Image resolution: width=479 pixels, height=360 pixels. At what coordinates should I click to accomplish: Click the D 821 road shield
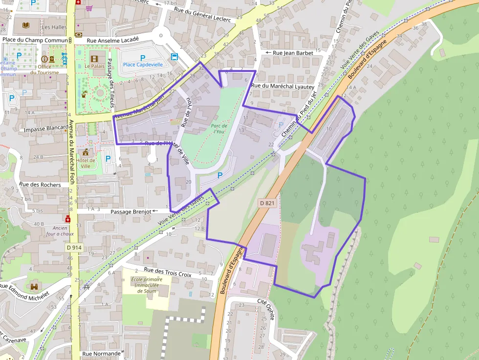point(267,203)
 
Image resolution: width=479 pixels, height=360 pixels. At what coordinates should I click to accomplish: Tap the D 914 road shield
point(74,248)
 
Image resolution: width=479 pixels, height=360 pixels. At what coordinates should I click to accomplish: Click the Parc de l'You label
point(219,128)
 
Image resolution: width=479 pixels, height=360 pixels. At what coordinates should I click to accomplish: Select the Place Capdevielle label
point(143,64)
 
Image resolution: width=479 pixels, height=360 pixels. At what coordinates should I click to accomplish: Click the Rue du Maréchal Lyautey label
point(283,86)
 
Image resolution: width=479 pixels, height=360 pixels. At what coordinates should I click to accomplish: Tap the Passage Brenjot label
point(130,212)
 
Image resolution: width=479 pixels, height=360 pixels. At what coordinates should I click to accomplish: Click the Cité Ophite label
point(266,309)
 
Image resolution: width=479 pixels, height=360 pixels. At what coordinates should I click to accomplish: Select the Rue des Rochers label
point(40,185)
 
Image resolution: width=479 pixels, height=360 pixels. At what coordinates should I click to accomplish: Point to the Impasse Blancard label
point(46,128)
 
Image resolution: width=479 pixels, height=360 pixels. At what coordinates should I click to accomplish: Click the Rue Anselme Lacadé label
point(113,40)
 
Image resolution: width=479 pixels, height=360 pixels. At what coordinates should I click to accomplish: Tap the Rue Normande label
point(101,354)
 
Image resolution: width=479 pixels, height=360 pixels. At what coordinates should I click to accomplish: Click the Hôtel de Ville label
point(86,163)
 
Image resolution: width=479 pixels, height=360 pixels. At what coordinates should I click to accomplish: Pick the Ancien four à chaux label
point(60,231)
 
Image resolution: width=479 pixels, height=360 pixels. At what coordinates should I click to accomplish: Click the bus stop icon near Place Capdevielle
point(174,57)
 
